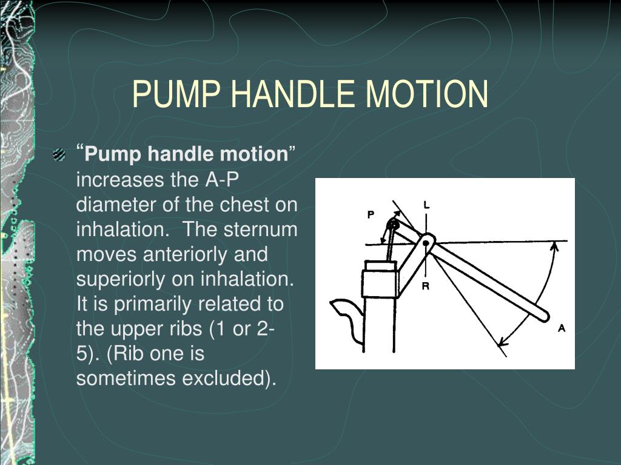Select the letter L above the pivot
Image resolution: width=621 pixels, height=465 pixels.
[x=426, y=205]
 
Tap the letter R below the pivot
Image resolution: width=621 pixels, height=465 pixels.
[x=426, y=286]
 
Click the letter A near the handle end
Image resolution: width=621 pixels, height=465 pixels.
[x=562, y=328]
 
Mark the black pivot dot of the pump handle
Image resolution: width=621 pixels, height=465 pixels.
[x=426, y=243]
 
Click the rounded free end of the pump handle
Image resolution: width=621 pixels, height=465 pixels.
[x=542, y=315]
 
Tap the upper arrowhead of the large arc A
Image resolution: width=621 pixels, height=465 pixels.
[x=554, y=245]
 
